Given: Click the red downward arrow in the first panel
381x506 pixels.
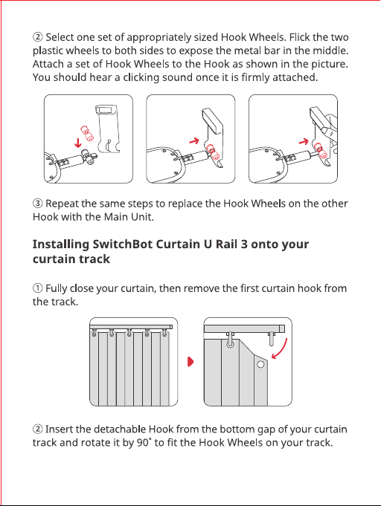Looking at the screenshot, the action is [78, 143].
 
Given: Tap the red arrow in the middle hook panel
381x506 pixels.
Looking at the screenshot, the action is [194, 141].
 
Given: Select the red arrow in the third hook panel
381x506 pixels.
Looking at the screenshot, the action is [304, 141].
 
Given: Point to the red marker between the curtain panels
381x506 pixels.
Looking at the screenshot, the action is [190, 362].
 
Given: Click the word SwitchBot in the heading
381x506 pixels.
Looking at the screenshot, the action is [122, 244].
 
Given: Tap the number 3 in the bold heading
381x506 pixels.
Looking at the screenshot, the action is [244, 244].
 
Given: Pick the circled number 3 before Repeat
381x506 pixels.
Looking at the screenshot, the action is [37, 204].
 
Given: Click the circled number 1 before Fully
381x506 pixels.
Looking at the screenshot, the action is [37, 288].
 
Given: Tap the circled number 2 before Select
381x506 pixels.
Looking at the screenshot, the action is [37, 37].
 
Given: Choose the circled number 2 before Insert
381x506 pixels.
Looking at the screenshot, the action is [37, 429].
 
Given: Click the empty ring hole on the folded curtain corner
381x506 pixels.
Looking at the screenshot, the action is [260, 365].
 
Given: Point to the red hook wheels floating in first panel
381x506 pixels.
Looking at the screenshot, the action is [87, 134].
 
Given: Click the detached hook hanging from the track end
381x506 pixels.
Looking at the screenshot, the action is [272, 339].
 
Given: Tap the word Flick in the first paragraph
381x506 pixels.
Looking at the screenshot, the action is [299, 37].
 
